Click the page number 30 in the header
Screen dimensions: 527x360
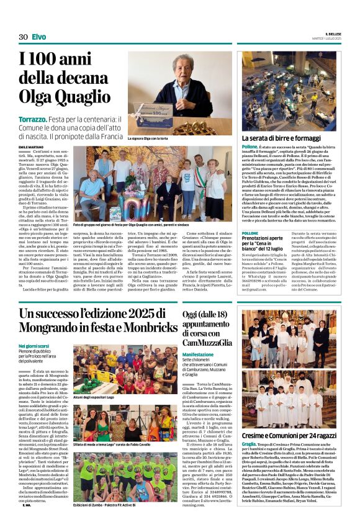23,37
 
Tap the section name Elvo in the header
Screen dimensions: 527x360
38,37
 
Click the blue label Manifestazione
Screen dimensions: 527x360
198,354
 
